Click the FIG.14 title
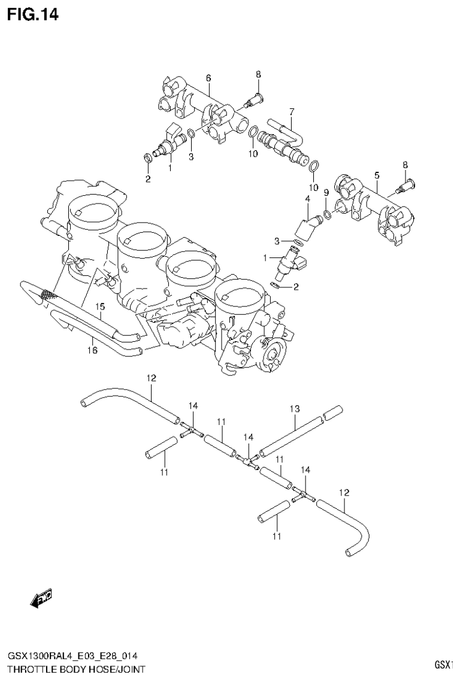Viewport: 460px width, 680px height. point(33,15)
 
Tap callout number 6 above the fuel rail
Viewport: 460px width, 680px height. point(208,78)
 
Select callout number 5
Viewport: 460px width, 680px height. point(377,175)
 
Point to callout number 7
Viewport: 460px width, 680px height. point(292,111)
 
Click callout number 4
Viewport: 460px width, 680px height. point(307,199)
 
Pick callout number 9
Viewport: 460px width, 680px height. point(326,192)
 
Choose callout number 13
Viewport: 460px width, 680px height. point(295,409)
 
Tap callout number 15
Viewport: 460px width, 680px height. point(101,306)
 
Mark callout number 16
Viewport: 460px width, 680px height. point(93,350)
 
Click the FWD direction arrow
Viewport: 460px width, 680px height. point(41,598)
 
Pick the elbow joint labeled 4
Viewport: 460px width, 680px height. point(307,226)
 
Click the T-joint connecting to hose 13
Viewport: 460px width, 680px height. point(247,459)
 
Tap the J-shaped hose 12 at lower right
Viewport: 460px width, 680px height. point(347,523)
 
